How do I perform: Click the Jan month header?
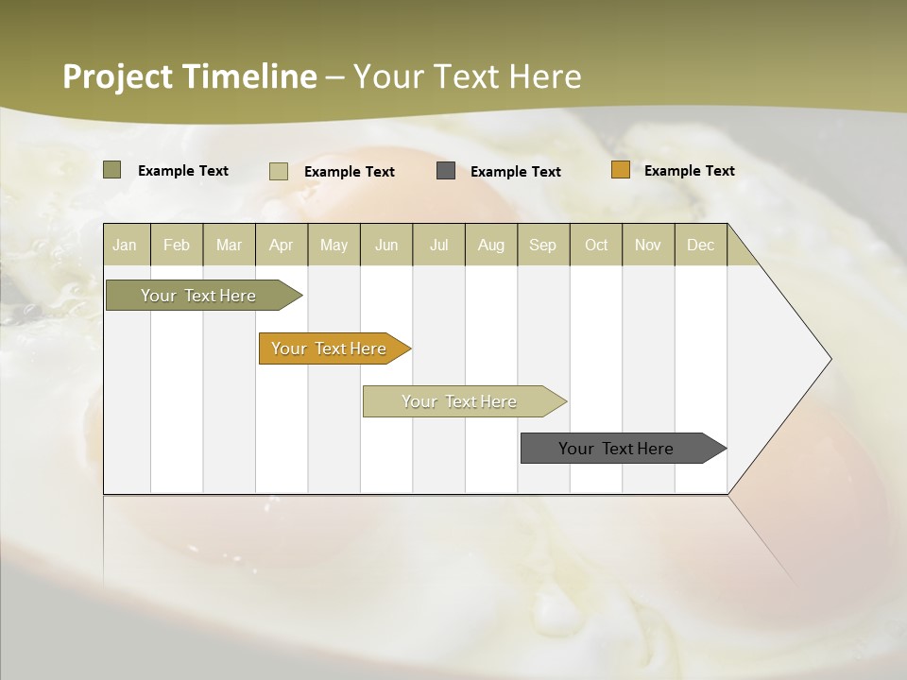coord(125,245)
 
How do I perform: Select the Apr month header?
coord(281,245)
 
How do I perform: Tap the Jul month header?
coord(438,245)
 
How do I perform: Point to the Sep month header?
coord(542,245)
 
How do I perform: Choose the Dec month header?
coord(700,245)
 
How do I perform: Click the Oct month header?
coord(596,245)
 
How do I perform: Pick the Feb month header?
coord(177,245)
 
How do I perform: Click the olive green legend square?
coord(112,170)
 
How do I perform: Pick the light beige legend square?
coord(279,171)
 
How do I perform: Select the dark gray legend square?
coord(446,171)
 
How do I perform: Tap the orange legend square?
coord(621,170)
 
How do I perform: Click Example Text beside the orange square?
coord(689,171)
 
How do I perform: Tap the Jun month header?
coord(386,245)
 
